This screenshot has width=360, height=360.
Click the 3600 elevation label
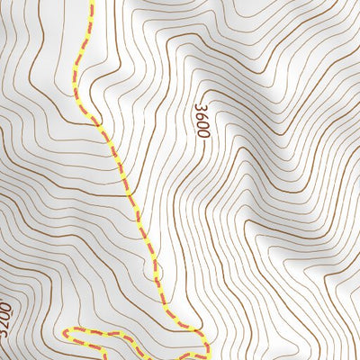tap(201, 120)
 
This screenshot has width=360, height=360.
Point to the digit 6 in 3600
tap(201, 114)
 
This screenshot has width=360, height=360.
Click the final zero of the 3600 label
tap(202, 132)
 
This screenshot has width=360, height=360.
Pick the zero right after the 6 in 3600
tap(201, 123)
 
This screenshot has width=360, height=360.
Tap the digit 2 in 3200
tap(6, 319)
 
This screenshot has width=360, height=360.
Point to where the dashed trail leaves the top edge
tap(91, 2)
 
